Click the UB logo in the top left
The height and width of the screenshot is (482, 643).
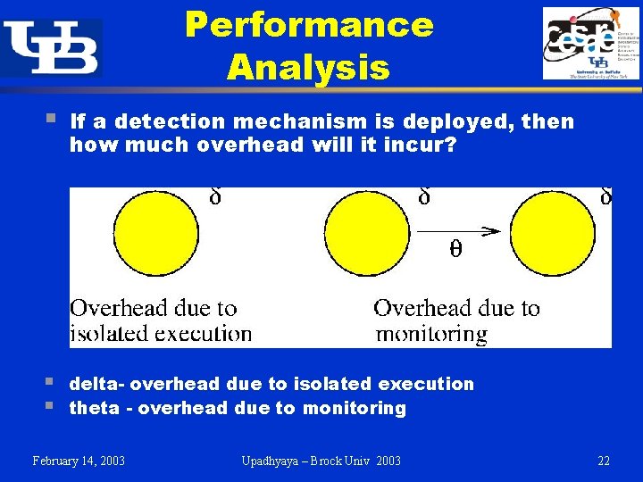pyautogui.click(x=51, y=46)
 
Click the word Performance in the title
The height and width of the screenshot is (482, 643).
pyautogui.click(x=309, y=25)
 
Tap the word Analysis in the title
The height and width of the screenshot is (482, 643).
pyautogui.click(x=308, y=67)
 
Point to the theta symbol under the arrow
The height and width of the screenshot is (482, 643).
pyautogui.click(x=455, y=251)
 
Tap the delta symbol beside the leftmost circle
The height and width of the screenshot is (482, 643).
pyautogui.click(x=215, y=195)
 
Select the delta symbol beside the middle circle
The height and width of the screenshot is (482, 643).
pyautogui.click(x=424, y=195)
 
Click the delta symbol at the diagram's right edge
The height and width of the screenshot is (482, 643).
pyautogui.click(x=605, y=195)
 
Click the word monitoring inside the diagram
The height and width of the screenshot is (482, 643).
pyautogui.click(x=431, y=334)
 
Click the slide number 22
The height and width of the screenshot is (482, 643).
pyautogui.click(x=604, y=461)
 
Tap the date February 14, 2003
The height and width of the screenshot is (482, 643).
pyautogui.click(x=79, y=461)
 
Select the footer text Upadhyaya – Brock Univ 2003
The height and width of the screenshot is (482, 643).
pyautogui.click(x=321, y=461)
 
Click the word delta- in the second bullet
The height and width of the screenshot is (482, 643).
pyautogui.click(x=98, y=384)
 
